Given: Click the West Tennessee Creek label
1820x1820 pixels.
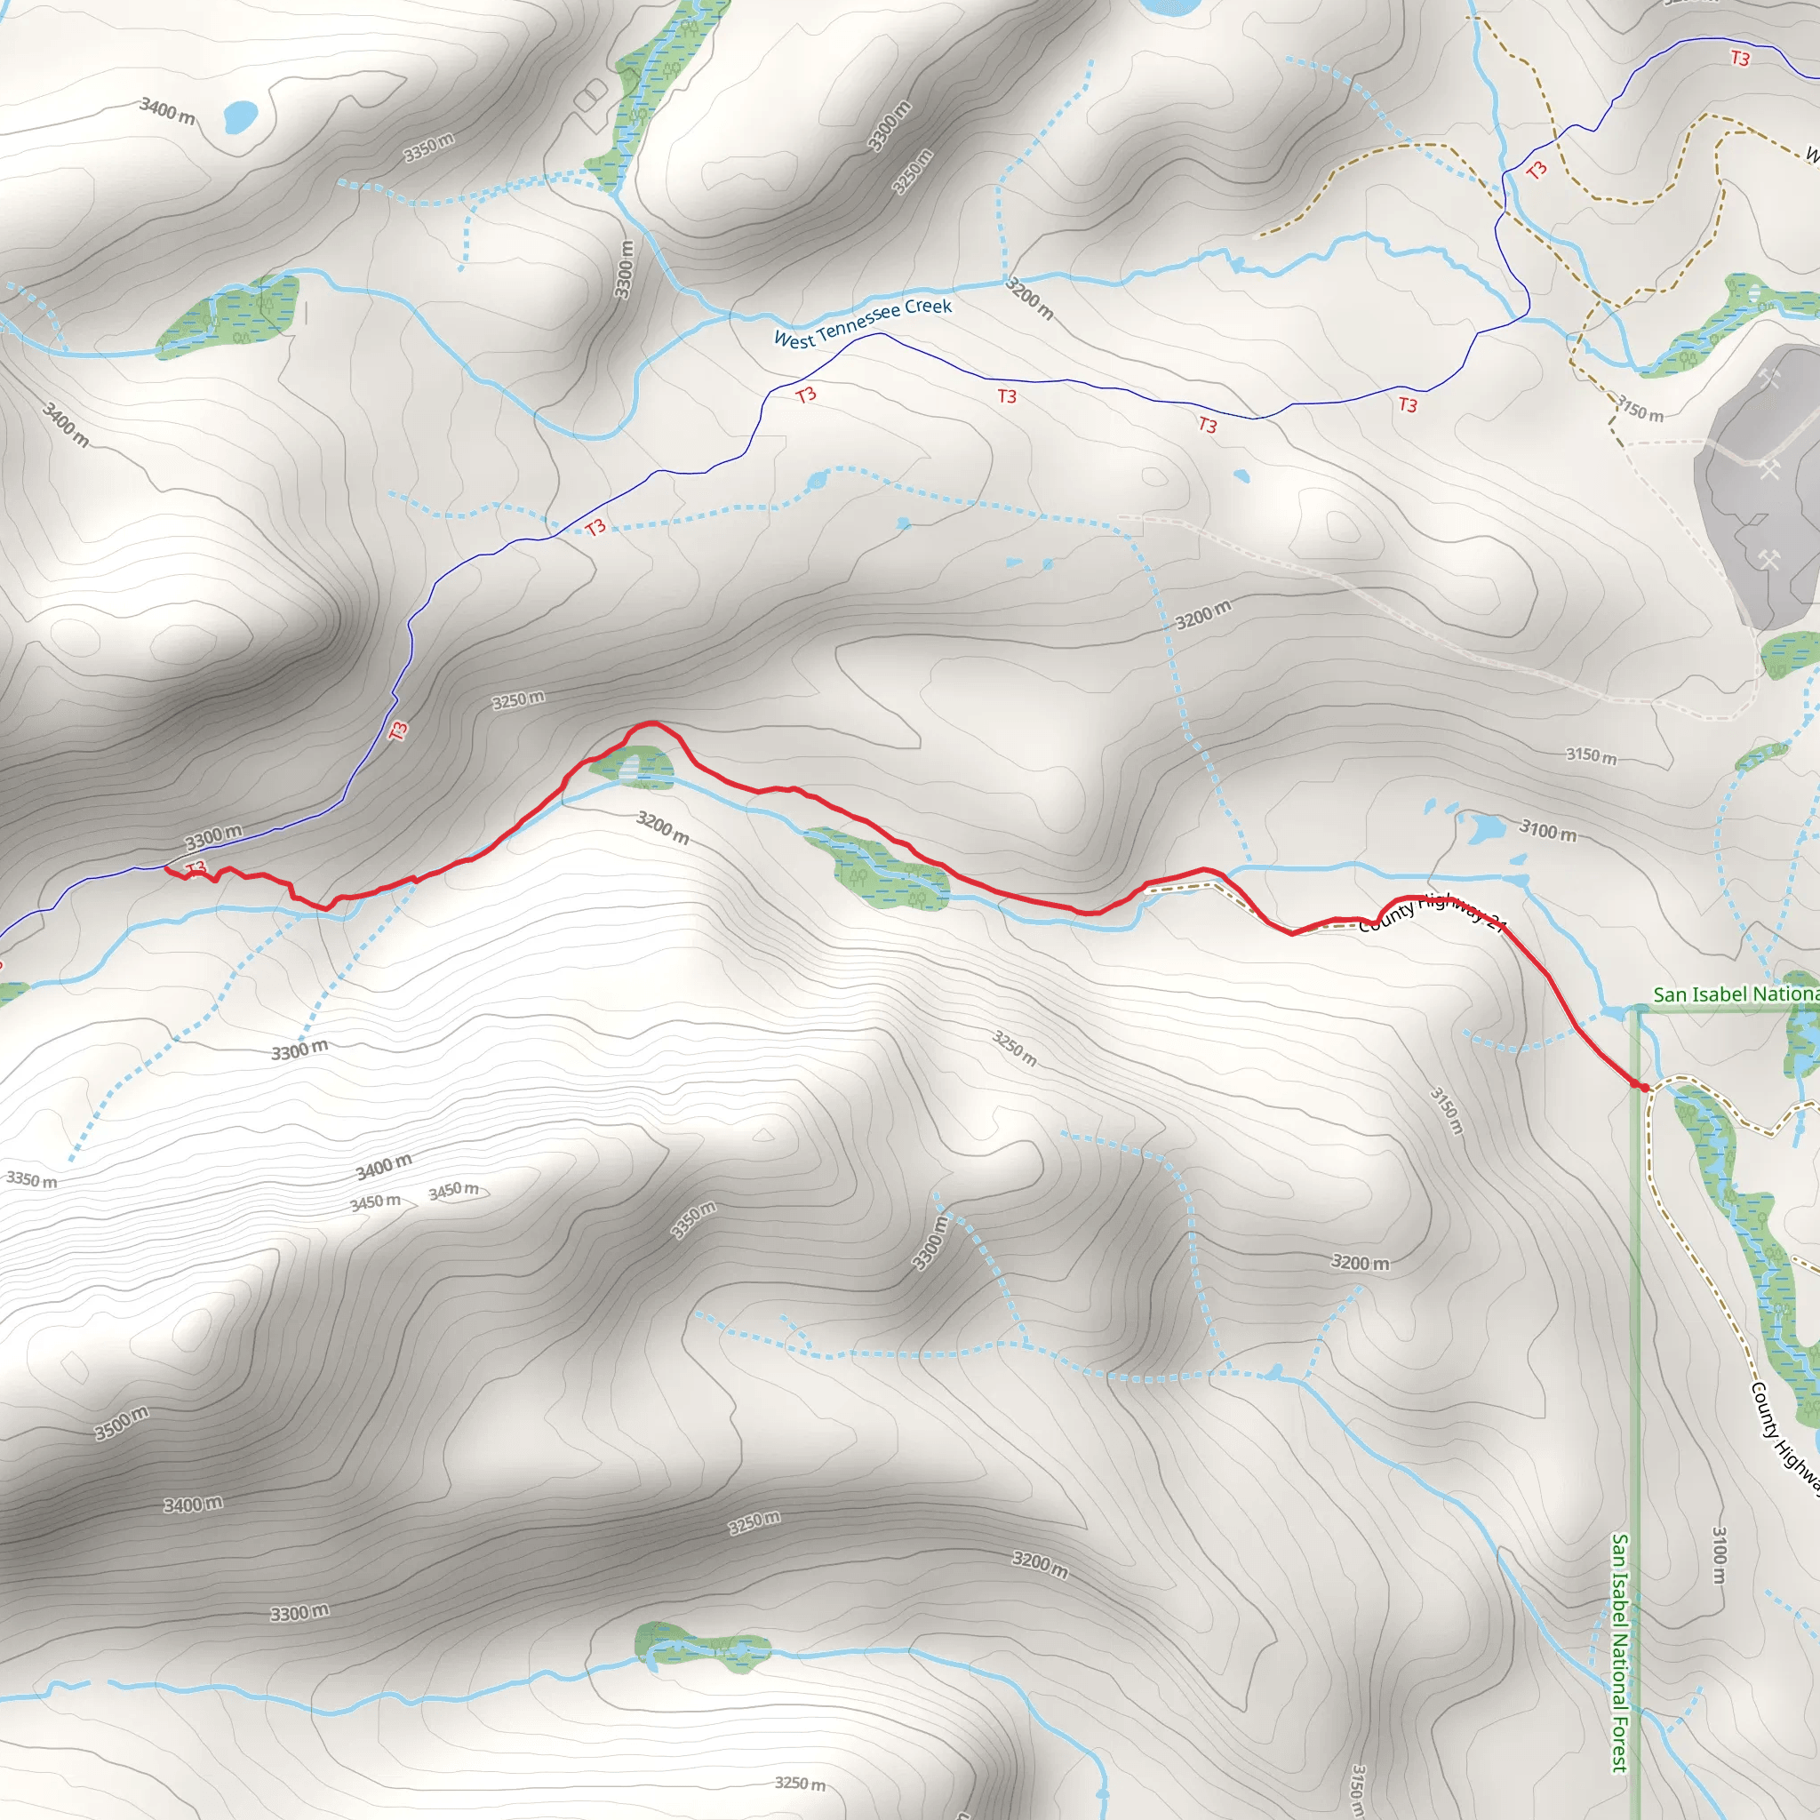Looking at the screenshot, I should pyautogui.click(x=862, y=323).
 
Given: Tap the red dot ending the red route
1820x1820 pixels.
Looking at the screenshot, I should pyautogui.click(x=1645, y=1087).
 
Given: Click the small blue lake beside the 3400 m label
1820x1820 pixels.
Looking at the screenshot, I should pyautogui.click(x=240, y=116).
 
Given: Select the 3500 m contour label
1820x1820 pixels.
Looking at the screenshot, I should pyautogui.click(x=122, y=1423).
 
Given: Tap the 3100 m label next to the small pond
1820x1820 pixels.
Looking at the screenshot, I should pyautogui.click(x=1547, y=830).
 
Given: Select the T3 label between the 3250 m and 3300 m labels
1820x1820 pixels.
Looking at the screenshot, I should pyautogui.click(x=398, y=730).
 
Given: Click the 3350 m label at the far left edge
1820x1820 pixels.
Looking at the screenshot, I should pyautogui.click(x=31, y=1179).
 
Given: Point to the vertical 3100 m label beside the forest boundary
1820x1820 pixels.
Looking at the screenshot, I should pyautogui.click(x=1720, y=1554).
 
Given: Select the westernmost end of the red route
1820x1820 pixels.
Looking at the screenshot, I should pyautogui.click(x=167, y=868).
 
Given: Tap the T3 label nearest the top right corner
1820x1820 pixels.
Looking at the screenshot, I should pyautogui.click(x=1740, y=59).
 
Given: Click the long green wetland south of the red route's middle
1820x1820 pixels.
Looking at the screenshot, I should pyautogui.click(x=876, y=868).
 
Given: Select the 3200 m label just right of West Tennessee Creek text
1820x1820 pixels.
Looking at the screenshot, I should pyautogui.click(x=1029, y=298).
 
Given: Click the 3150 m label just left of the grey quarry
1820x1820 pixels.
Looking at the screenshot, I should pyautogui.click(x=1640, y=408).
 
